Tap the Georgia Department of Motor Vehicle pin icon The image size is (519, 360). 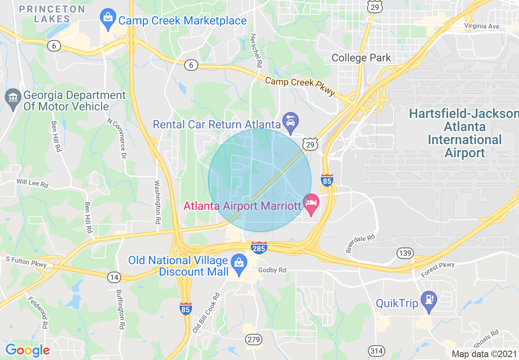click(13, 100)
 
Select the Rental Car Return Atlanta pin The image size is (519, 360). click(291, 123)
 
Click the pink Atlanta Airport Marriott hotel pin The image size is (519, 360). click(311, 205)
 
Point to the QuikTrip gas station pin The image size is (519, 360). click(429, 302)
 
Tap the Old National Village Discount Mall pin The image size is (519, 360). click(238, 265)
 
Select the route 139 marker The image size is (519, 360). click(404, 253)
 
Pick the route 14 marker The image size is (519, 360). click(114, 277)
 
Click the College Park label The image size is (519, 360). click(361, 58)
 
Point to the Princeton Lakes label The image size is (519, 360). click(52, 14)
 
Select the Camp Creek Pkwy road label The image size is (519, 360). click(300, 86)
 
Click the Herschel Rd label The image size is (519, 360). click(256, 51)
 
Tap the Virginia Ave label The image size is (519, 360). click(482, 26)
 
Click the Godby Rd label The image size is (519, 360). click(272, 270)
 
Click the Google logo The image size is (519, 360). click(27, 351)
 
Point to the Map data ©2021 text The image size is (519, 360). click(484, 354)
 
